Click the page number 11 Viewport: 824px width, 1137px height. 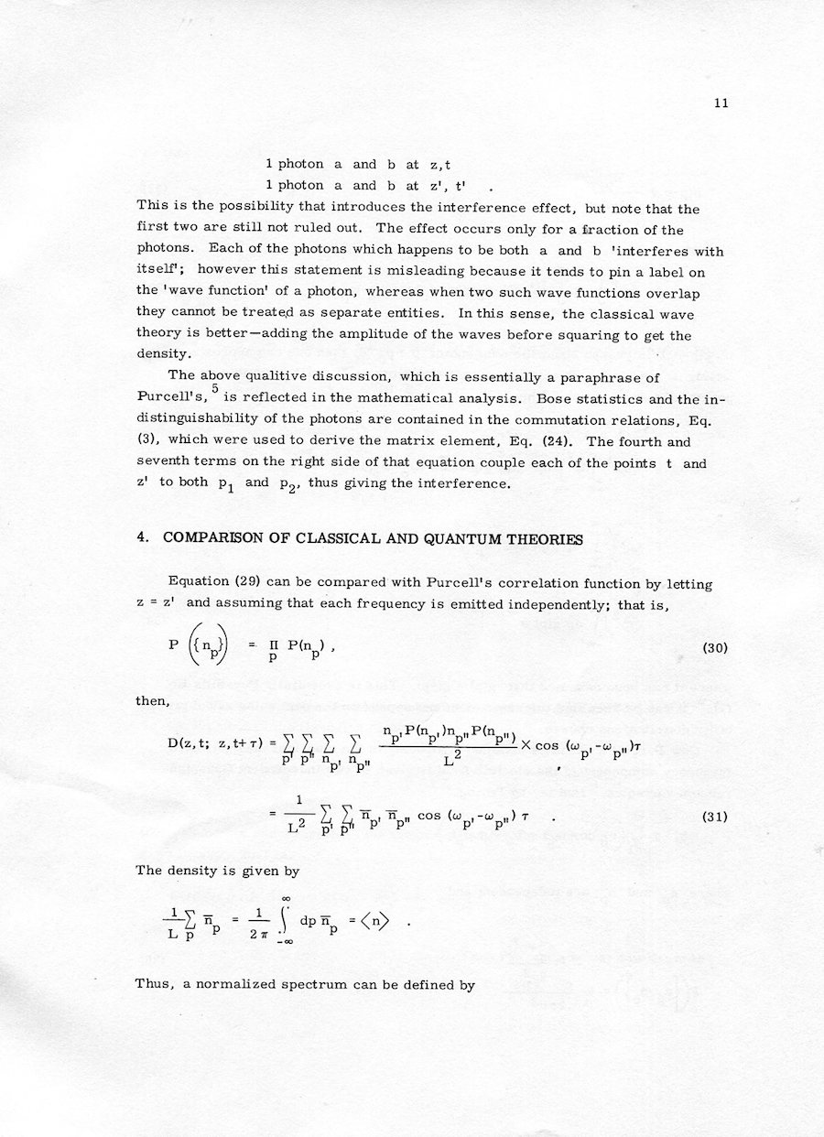click(721, 103)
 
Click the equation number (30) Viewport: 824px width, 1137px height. click(714, 648)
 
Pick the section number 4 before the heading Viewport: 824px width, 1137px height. click(141, 539)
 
